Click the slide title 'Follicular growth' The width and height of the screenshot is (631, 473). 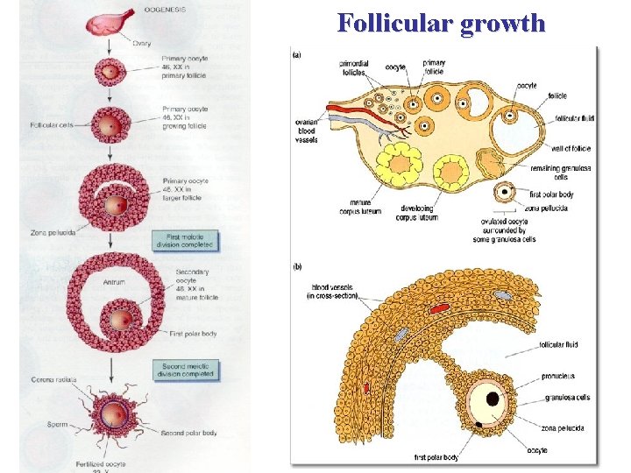pos(440,23)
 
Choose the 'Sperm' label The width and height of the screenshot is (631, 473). pos(57,425)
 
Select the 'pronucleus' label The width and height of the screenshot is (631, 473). pos(558,377)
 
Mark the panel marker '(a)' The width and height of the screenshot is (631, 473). pos(297,54)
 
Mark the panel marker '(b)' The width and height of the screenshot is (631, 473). pos(297,265)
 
